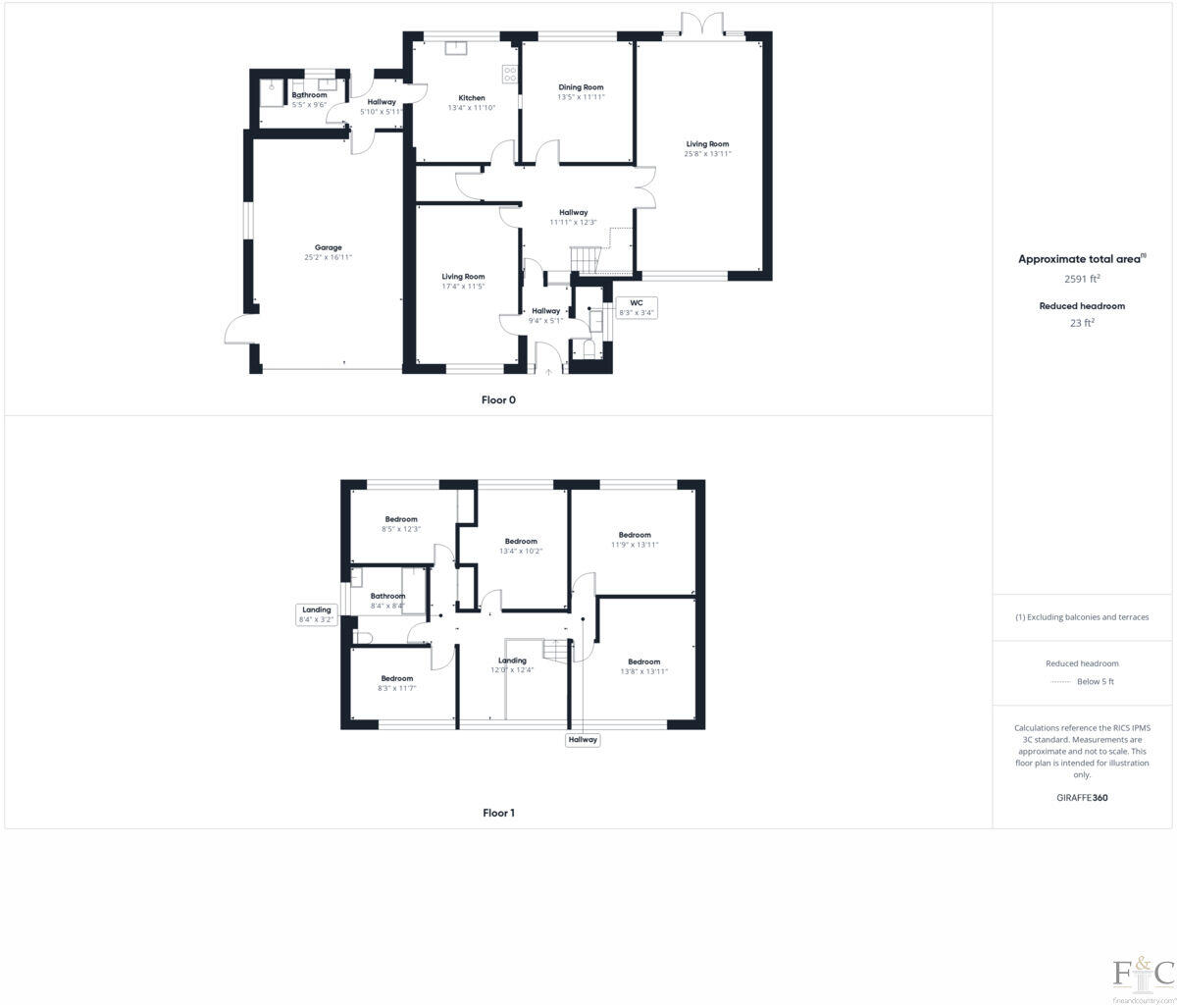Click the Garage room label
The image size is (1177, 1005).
(328, 247)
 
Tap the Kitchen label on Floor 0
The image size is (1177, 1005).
(472, 98)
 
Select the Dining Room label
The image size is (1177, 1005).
(581, 87)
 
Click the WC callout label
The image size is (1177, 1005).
(636, 302)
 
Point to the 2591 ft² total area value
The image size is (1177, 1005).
(1082, 279)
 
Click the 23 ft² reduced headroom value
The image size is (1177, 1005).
(1082, 322)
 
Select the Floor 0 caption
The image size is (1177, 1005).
(498, 399)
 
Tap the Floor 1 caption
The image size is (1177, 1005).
(498, 813)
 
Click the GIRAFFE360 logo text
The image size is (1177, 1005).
(1082, 798)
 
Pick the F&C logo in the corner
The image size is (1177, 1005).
(1143, 974)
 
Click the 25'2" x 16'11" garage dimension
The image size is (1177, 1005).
(328, 257)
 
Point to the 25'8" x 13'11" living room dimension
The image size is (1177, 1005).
(707, 154)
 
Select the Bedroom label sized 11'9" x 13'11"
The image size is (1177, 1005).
(635, 535)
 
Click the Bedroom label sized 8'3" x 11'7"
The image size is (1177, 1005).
(397, 678)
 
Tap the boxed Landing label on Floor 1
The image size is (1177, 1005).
(317, 609)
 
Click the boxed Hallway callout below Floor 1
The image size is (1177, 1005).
(583, 739)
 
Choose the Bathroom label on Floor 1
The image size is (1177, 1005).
(387, 596)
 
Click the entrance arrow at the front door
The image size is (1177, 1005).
(549, 372)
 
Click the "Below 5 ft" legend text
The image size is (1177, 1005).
(1095, 681)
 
